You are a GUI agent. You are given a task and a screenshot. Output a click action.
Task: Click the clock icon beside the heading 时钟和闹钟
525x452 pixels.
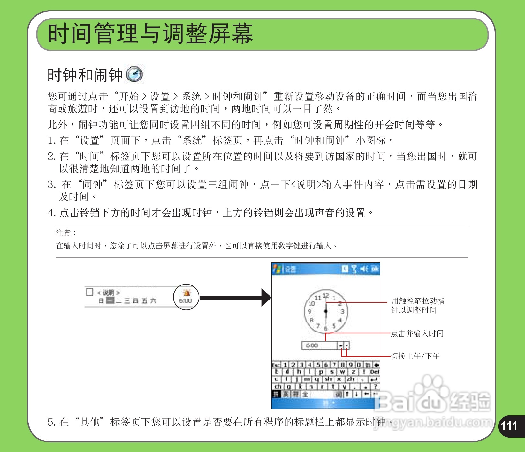click(x=134, y=75)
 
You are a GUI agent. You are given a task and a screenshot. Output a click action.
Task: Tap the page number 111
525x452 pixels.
click(x=509, y=426)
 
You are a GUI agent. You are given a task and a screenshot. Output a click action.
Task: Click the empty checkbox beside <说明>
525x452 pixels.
click(x=89, y=292)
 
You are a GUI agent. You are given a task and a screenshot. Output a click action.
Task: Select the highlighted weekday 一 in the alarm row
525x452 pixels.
click(x=110, y=300)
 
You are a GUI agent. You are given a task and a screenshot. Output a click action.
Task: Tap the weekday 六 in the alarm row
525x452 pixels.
click(x=153, y=300)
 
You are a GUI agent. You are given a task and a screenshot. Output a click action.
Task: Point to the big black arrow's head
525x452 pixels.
click(x=266, y=298)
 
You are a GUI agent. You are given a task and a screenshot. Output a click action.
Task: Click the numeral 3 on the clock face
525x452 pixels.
click(x=342, y=312)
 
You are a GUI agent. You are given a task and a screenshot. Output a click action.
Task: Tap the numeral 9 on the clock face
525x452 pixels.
click(x=309, y=312)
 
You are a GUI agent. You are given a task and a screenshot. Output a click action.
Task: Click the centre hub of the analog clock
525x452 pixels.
click(x=326, y=311)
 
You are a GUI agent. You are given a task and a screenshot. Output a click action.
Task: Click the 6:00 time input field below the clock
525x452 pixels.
click(x=319, y=345)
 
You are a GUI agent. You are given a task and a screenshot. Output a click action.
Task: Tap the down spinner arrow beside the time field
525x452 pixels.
click(x=347, y=345)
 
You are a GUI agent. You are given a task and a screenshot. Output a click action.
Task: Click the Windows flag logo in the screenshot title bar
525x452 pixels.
click(x=276, y=269)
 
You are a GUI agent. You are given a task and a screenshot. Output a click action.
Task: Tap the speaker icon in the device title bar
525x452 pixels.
click(x=364, y=269)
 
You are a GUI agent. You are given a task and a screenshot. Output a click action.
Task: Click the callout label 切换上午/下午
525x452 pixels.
click(x=415, y=356)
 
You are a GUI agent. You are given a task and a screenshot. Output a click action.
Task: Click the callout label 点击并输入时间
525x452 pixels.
click(x=417, y=334)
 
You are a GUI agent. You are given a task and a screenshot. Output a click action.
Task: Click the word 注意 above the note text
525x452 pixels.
click(x=63, y=233)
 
